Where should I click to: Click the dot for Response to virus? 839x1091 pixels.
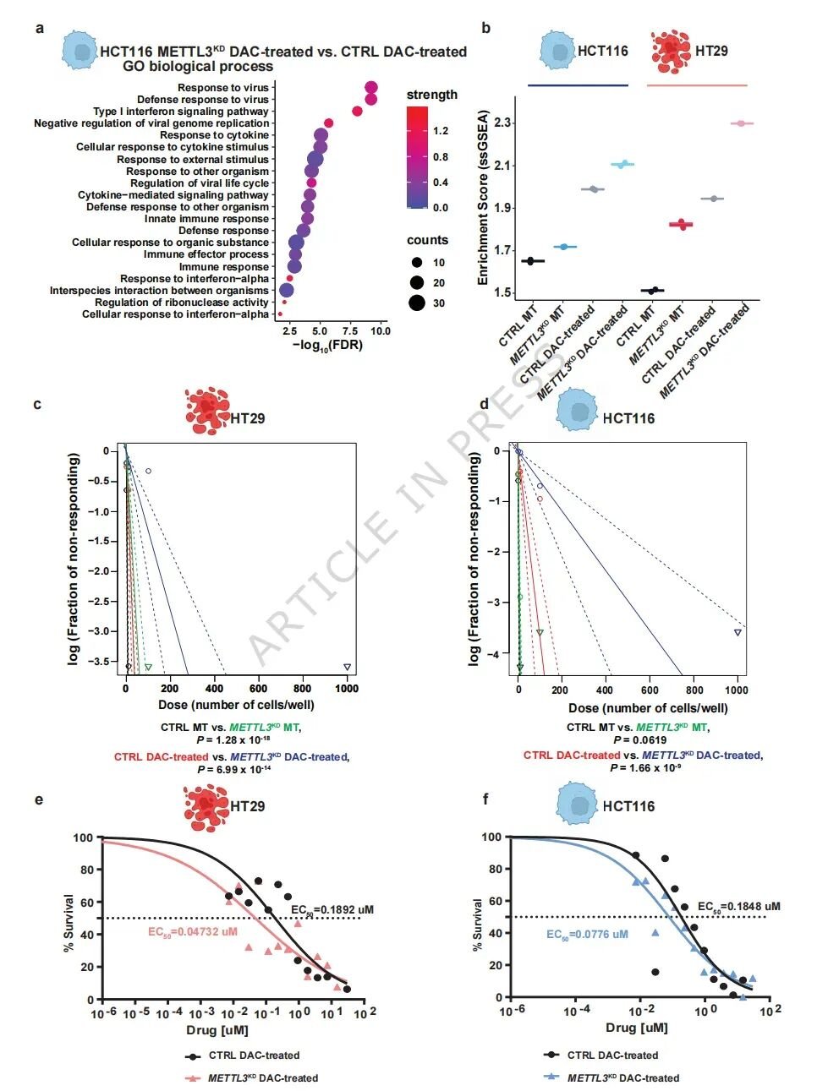tap(371, 88)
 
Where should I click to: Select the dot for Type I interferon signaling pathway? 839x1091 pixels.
tap(357, 112)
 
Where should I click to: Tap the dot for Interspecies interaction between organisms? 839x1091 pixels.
tap(287, 290)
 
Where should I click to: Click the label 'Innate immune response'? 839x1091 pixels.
tap(206, 219)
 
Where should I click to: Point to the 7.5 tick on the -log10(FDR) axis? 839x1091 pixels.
tap(349, 331)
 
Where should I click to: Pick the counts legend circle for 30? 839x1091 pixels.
tap(416, 303)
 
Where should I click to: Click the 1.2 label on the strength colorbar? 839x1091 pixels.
tap(441, 131)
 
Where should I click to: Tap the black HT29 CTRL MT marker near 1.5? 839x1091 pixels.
tap(653, 290)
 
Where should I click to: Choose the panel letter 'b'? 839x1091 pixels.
tap(485, 28)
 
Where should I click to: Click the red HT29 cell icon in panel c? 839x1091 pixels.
tap(207, 411)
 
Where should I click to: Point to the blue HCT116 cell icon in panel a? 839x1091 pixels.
tap(80, 50)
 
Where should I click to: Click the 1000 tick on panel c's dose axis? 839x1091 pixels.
tap(347, 689)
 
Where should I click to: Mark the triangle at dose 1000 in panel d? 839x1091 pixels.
tap(738, 633)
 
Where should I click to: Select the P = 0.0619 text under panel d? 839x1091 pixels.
tap(639, 740)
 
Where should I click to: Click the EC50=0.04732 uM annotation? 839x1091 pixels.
tap(193, 932)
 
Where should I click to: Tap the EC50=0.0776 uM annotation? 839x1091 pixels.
tap(587, 935)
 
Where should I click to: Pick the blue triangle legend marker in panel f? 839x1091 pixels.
tap(551, 1077)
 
